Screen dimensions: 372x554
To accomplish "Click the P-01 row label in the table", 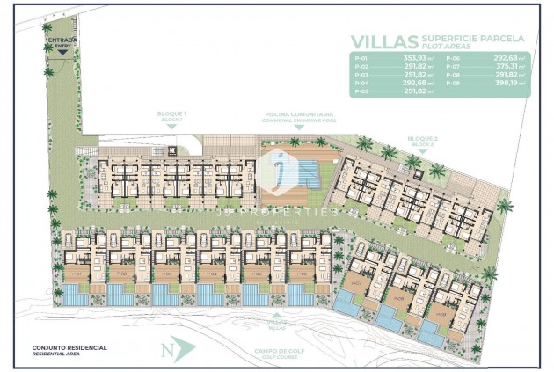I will coord(359,59).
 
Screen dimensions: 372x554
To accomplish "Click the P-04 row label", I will coord(359,84).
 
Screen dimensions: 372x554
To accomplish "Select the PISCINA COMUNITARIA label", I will coord(297,113).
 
